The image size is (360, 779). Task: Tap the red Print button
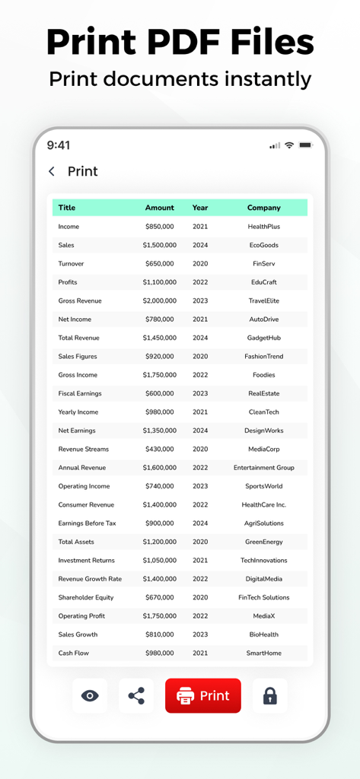pyautogui.click(x=203, y=695)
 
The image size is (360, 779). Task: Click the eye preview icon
pyautogui.click(x=90, y=695)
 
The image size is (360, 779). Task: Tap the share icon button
pyautogui.click(x=136, y=695)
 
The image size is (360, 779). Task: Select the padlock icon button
pyautogui.click(x=269, y=695)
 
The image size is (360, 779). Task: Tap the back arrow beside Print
pyautogui.click(x=52, y=171)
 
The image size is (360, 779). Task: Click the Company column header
pyautogui.click(x=264, y=208)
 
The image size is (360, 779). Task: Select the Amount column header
pyautogui.click(x=160, y=208)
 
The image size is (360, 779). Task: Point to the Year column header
pyautogui.click(x=200, y=208)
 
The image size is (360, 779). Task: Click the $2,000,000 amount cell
pyautogui.click(x=159, y=300)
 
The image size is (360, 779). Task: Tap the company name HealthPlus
pyautogui.click(x=264, y=227)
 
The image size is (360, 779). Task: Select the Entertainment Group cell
pyautogui.click(x=264, y=468)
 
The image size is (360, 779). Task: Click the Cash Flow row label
pyautogui.click(x=73, y=653)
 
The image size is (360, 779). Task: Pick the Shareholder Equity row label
pyautogui.click(x=86, y=597)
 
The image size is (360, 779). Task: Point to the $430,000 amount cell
pyautogui.click(x=159, y=449)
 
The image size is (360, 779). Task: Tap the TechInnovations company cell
pyautogui.click(x=264, y=560)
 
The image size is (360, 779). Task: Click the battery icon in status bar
pyautogui.click(x=305, y=145)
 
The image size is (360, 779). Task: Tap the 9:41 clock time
pyautogui.click(x=59, y=145)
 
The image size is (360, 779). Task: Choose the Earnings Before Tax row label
pyautogui.click(x=87, y=523)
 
